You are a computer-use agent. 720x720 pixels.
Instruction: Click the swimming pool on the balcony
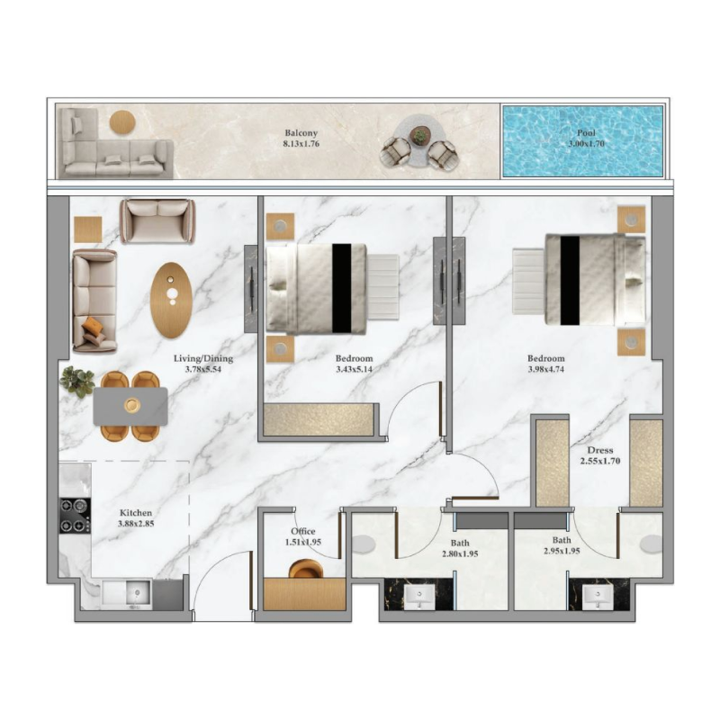(581, 140)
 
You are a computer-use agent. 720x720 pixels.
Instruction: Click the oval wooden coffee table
(171, 300)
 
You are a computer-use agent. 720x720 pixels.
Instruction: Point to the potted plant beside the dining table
(76, 382)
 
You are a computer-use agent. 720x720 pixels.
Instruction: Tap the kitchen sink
(126, 593)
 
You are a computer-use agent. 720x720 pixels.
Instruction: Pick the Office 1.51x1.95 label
(303, 536)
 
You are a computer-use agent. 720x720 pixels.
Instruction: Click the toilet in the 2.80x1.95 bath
(365, 544)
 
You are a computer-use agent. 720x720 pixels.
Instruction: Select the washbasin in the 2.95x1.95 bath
(592, 596)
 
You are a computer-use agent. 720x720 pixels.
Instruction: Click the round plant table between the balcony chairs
(418, 137)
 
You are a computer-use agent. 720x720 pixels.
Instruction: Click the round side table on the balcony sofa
(122, 121)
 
